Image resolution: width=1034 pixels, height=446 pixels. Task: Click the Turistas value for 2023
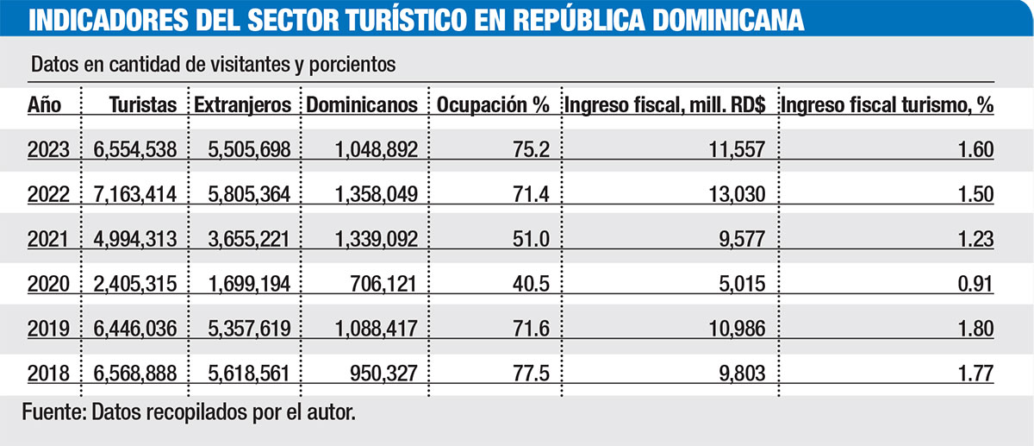pyautogui.click(x=134, y=150)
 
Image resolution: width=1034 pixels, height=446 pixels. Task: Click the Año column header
pyautogui.click(x=42, y=105)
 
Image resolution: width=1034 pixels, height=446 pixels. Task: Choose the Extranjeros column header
pyautogui.click(x=244, y=105)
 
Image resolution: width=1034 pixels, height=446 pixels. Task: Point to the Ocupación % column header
pyautogui.click(x=493, y=105)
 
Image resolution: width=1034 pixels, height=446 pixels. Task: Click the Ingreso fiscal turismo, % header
pyautogui.click(x=887, y=105)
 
